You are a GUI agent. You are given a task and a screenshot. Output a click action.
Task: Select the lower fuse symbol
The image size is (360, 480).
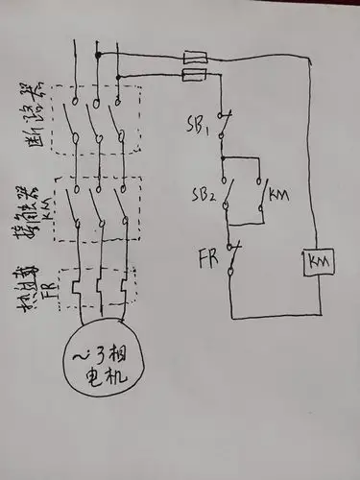coord(195,74)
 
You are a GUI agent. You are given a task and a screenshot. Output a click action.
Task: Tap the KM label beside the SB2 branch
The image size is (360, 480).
coord(279,195)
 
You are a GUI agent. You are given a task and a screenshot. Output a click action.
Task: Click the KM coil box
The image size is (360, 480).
coord(316,261)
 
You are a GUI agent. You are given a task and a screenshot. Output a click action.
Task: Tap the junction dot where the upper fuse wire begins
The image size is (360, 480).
coord(97,55)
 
